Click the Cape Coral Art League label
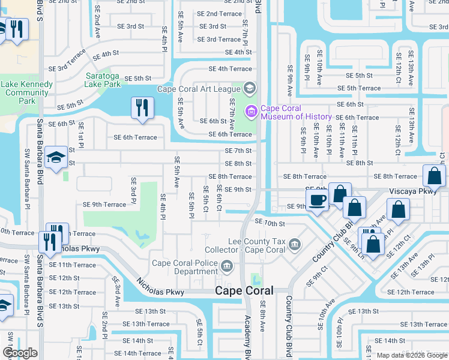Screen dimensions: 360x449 pyautogui.click(x=198, y=89)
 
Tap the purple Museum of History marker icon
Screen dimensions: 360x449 pyautogui.click(x=250, y=111)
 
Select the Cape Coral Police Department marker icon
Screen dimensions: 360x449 pyautogui.click(x=226, y=266)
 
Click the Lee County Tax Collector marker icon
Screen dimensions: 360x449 pyautogui.click(x=294, y=244)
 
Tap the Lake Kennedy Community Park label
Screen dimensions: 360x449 pyautogui.click(x=26, y=92)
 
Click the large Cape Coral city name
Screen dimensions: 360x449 pyautogui.click(x=244, y=291)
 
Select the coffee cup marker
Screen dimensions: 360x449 pyautogui.click(x=316, y=199)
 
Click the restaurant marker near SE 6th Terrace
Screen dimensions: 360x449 pyautogui.click(x=142, y=109)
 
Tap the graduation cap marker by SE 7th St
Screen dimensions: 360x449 pyautogui.click(x=56, y=158)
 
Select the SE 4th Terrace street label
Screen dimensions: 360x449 pyautogui.click(x=230, y=69)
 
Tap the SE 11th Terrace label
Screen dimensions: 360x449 pyautogui.click(x=72, y=265)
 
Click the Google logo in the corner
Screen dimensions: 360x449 pyautogui.click(x=20, y=353)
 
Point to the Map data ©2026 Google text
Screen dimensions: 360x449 pyautogui.click(x=411, y=355)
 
